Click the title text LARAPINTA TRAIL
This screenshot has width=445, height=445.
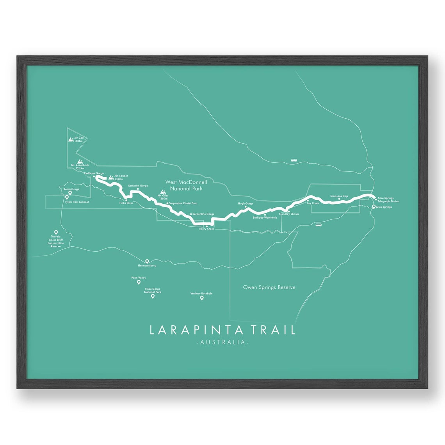pyautogui.click(x=222, y=330)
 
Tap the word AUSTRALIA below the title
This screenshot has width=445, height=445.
pyautogui.click(x=222, y=342)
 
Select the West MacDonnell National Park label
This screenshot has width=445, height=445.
pyautogui.click(x=186, y=185)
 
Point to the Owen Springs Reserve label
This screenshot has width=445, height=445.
pyautogui.click(x=269, y=287)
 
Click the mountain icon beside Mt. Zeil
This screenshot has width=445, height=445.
pyautogui.click(x=71, y=139)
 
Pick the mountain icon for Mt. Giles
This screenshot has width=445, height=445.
pyautogui.click(x=163, y=191)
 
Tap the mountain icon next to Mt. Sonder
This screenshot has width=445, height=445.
pyautogui.click(x=111, y=177)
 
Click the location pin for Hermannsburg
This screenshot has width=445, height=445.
pyautogui.click(x=147, y=261)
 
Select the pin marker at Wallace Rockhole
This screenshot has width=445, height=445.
pyautogui.click(x=202, y=298)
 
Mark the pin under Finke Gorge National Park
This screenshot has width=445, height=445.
pyautogui.click(x=153, y=296)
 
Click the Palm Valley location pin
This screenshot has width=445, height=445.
pyautogui.click(x=139, y=282)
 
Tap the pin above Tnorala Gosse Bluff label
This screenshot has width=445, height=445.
pyautogui.click(x=56, y=232)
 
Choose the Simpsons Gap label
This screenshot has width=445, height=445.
pyautogui.click(x=339, y=196)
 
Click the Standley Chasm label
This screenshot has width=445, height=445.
pyautogui.click(x=289, y=214)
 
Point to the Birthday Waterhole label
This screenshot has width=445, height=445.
pyautogui.click(x=265, y=217)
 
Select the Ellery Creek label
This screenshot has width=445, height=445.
pyautogui.click(x=207, y=229)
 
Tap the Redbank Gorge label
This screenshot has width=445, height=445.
pyautogui.click(x=94, y=173)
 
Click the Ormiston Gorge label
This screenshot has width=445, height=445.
pyautogui.click(x=138, y=186)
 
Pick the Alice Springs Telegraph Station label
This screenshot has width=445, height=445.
pyautogui.click(x=388, y=199)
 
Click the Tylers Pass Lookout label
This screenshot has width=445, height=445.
pyautogui.click(x=77, y=202)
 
